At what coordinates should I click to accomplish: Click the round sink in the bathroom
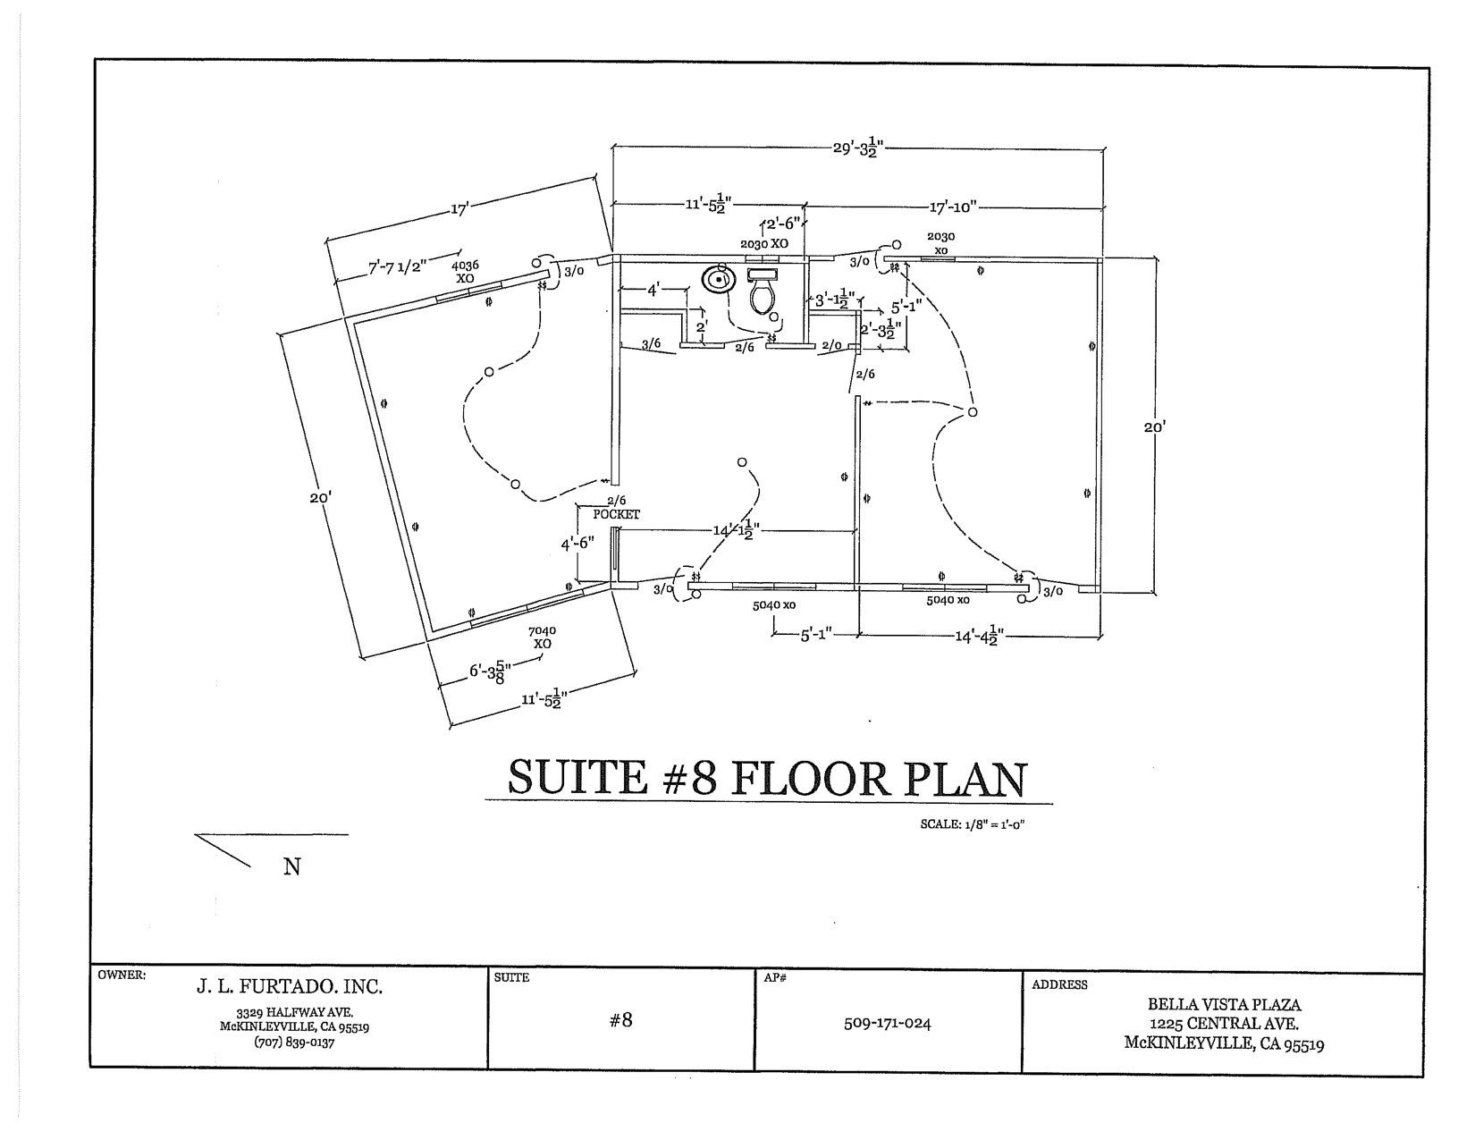[718, 280]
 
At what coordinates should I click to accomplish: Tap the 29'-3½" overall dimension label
[857, 148]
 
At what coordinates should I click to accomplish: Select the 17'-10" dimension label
[955, 207]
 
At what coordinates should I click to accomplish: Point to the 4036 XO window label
[465, 272]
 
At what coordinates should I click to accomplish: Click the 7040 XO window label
[542, 637]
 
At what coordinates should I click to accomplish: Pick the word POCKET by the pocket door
[617, 514]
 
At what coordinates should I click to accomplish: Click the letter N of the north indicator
[291, 866]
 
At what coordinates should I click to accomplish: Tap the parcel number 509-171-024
[887, 1023]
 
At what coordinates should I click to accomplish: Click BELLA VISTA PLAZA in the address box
[1224, 1005]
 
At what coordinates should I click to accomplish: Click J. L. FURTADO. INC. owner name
[289, 988]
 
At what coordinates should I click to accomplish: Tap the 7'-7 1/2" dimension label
[398, 265]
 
